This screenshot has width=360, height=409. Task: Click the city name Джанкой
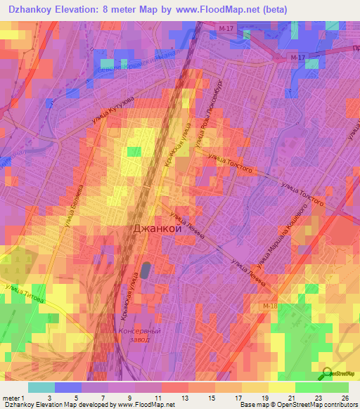[x=158, y=228]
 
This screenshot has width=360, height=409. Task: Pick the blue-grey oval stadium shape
[x=146, y=270]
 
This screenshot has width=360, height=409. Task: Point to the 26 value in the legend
[x=345, y=397]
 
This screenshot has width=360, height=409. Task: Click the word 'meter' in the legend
[x=12, y=397]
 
